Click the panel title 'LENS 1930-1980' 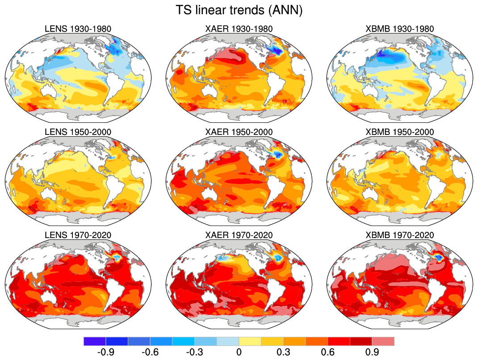[x=78, y=29]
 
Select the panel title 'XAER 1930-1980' [x=239, y=29]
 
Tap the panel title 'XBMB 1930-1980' [x=400, y=29]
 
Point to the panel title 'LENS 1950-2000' [x=78, y=133]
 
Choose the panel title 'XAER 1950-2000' [x=239, y=133]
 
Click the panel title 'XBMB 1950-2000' [x=400, y=133]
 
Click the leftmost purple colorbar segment [x=95, y=341]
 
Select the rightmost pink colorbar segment [x=383, y=341]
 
